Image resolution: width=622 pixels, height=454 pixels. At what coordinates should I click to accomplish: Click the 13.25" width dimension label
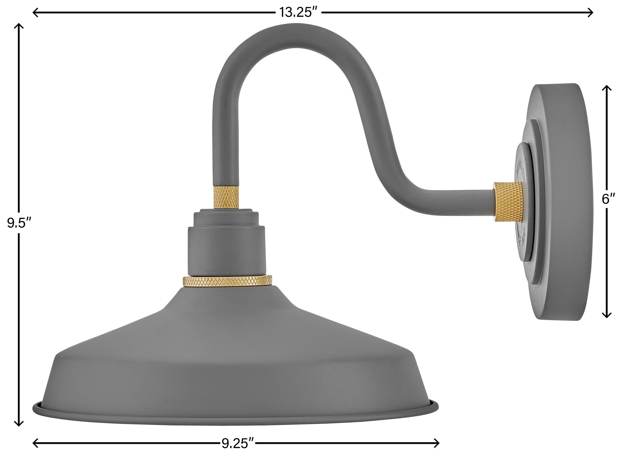tap(298, 13)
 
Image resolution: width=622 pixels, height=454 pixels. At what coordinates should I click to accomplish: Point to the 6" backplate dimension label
tap(606, 199)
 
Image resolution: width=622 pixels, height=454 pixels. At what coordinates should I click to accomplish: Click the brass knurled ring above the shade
tap(228, 281)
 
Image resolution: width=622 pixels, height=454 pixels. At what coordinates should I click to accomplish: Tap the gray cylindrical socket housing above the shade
tap(227, 249)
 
